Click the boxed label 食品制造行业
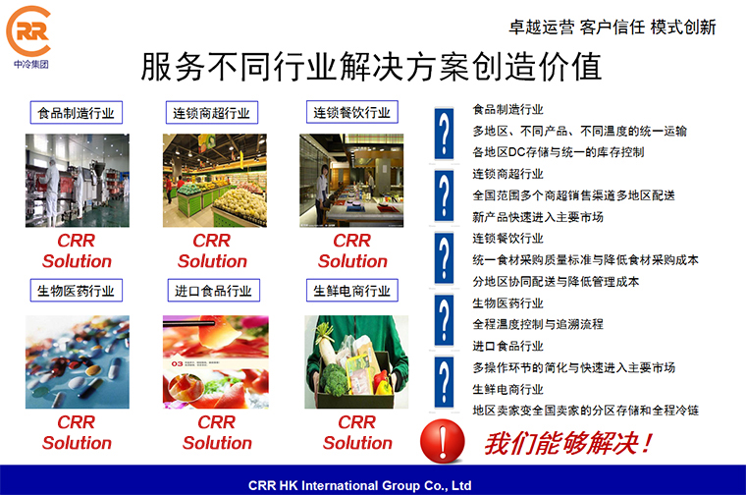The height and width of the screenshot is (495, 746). click(77, 113)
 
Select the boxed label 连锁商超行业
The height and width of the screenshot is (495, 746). click(212, 113)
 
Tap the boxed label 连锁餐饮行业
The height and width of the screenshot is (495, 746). click(352, 112)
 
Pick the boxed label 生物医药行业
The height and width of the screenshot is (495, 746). click(77, 291)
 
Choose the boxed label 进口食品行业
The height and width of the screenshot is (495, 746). click(214, 291)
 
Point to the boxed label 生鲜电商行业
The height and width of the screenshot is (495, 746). click(352, 291)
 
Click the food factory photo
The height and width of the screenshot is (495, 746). click(78, 181)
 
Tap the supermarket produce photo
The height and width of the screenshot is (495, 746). click(215, 181)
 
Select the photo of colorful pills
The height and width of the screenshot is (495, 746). click(78, 361)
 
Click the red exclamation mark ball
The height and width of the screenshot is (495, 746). click(442, 441)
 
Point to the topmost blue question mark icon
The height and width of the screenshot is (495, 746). click(444, 134)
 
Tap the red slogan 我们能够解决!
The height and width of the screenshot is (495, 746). click(568, 443)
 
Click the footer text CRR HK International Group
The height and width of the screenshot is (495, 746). click(359, 485)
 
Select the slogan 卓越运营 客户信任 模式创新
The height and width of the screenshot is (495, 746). click(613, 27)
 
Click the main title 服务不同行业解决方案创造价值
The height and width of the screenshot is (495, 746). click(372, 67)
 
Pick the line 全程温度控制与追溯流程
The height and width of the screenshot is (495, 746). click(538, 325)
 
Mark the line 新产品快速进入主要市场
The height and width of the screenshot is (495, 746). click(538, 217)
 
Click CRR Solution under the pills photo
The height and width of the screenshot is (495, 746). click(77, 433)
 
